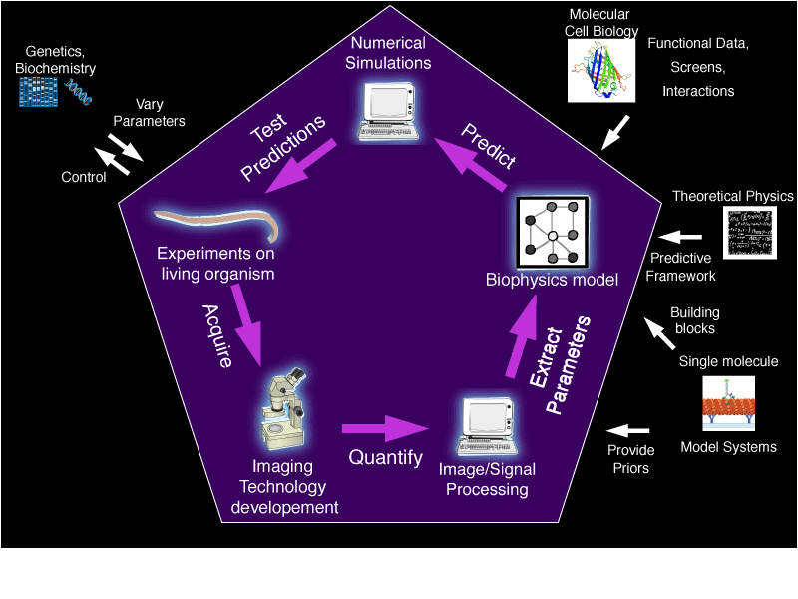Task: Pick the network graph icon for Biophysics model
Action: pyautogui.click(x=552, y=234)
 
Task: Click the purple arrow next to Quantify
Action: pyautogui.click(x=384, y=429)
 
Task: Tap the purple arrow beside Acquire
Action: pyautogui.click(x=244, y=319)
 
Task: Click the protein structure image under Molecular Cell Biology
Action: pyautogui.click(x=601, y=70)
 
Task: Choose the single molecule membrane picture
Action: pyautogui.click(x=729, y=404)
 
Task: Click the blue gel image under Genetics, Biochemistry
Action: pyautogui.click(x=39, y=91)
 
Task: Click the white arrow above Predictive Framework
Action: pyautogui.click(x=684, y=237)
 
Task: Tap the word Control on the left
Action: pyautogui.click(x=83, y=178)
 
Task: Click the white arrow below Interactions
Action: pyautogui.click(x=615, y=131)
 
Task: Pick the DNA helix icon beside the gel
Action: pyautogui.click(x=79, y=92)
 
